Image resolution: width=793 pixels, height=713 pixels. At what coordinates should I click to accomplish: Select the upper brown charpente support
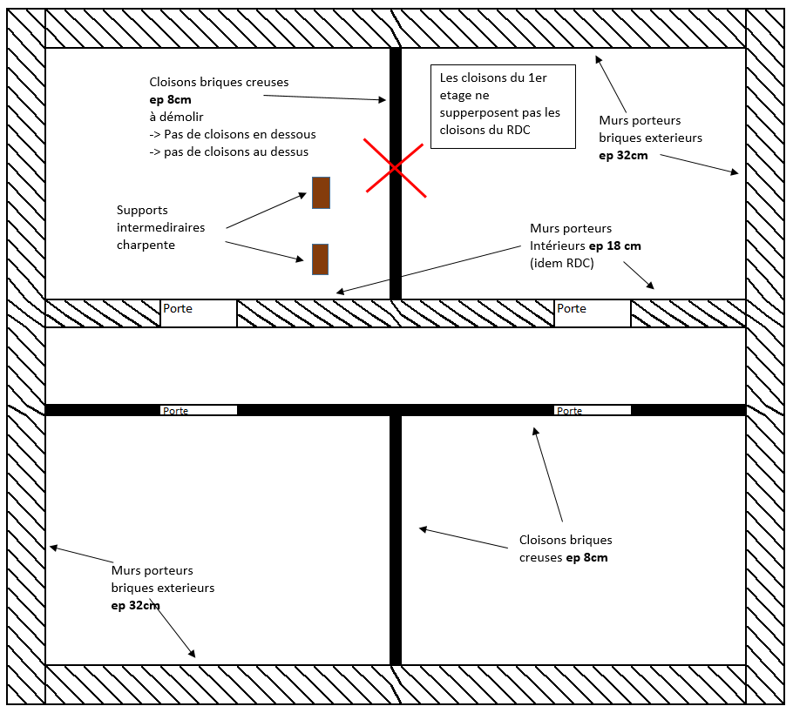pos(321,192)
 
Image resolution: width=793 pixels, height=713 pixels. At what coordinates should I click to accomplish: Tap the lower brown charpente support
pos(320,259)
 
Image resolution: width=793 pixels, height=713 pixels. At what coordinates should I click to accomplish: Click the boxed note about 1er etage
pos(503,105)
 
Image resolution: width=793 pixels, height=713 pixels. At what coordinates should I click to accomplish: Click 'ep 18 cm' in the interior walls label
pos(615,246)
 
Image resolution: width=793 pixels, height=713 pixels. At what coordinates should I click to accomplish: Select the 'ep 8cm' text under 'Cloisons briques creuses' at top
pos(170,100)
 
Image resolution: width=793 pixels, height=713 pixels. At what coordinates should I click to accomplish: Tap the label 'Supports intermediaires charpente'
pos(161,227)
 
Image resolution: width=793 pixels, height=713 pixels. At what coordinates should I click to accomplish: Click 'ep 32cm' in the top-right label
pos(623,155)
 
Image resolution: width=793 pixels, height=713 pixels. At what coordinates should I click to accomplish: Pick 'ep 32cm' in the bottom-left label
pos(136,605)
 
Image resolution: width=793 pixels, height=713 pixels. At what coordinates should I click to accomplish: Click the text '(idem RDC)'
pos(562,263)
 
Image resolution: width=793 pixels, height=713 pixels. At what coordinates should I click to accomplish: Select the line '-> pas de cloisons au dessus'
pos(228,151)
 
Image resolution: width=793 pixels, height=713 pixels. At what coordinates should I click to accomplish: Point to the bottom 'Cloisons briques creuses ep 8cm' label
pos(565,548)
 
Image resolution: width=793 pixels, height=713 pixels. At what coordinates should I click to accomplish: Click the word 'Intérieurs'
pos(558,246)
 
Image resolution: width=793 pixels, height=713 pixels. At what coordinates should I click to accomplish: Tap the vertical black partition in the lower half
pos(396,540)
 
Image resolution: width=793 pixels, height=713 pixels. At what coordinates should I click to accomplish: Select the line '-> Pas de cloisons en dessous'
pos(232,134)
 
